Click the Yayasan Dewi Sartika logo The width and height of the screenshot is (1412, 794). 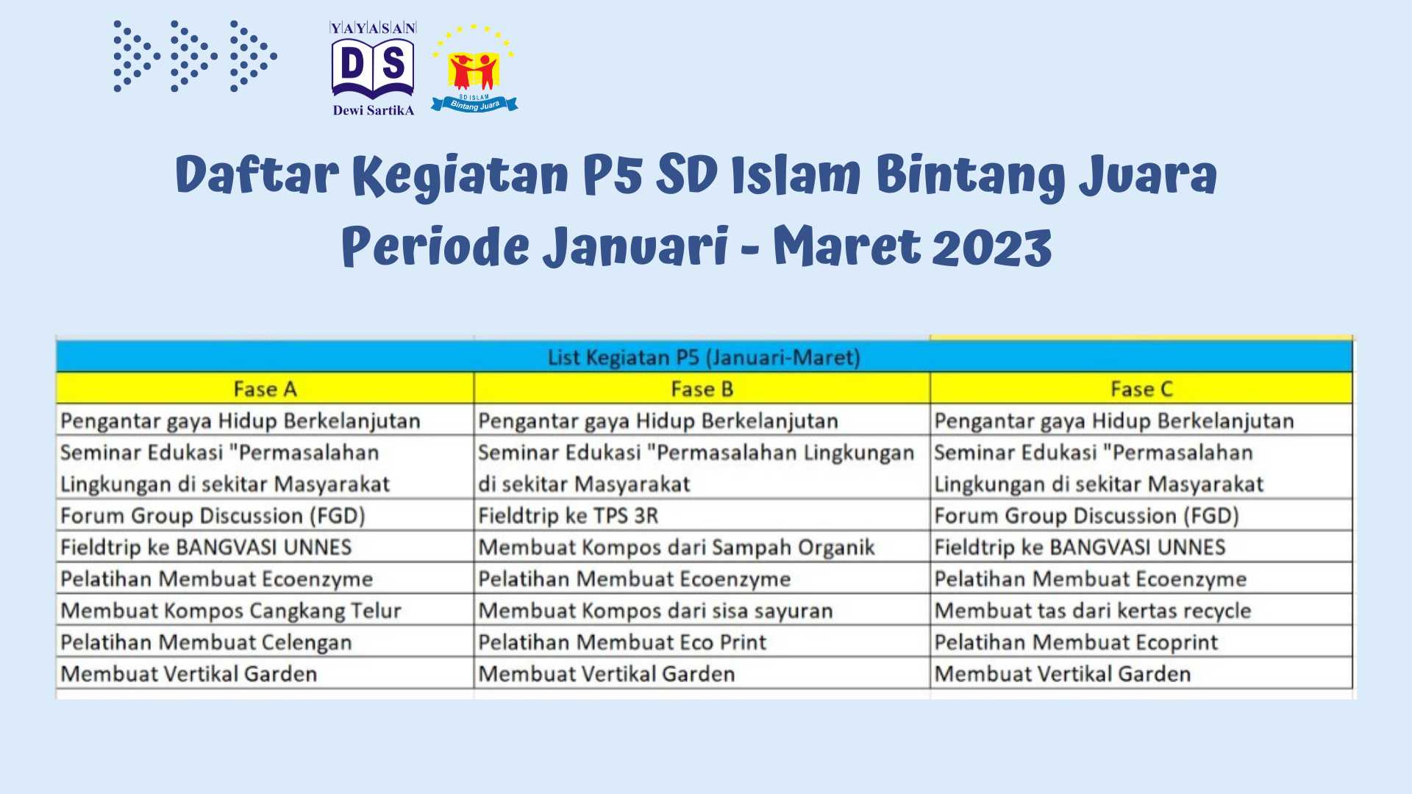(373, 69)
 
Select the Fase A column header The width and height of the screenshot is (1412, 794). (265, 389)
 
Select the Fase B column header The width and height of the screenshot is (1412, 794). (702, 389)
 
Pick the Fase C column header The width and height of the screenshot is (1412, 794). (1141, 389)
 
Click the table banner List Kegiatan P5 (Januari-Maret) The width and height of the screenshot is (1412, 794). (704, 357)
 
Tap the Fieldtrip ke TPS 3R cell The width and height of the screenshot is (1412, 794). (568, 516)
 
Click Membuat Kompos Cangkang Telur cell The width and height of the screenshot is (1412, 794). (231, 611)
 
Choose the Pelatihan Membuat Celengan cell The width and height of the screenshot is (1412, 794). (206, 643)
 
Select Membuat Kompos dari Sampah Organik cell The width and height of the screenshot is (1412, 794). (676, 548)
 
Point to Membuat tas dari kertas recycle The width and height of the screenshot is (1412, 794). (1092, 611)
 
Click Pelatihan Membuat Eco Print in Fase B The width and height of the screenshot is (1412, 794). (622, 643)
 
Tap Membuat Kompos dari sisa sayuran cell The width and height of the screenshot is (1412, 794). (655, 611)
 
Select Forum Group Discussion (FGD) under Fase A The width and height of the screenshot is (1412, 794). (213, 516)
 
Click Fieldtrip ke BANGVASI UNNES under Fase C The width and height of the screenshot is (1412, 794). (1080, 548)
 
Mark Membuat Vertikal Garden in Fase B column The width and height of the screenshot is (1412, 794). (606, 674)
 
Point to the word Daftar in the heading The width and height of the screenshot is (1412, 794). (257, 175)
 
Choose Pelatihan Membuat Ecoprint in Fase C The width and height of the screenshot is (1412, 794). (1076, 643)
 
